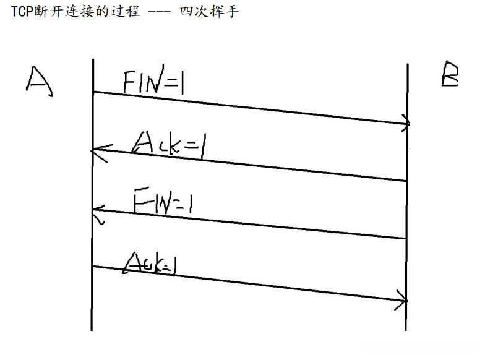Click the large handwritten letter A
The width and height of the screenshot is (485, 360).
(39, 80)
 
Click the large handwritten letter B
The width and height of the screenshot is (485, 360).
(450, 75)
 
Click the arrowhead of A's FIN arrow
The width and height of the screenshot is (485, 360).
(405, 123)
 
